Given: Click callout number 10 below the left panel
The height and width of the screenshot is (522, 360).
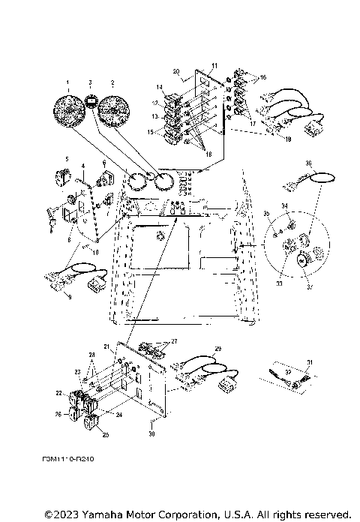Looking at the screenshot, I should pyautogui.click(x=95, y=252).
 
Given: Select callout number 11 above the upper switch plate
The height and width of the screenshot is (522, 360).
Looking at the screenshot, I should pyautogui.click(x=214, y=67).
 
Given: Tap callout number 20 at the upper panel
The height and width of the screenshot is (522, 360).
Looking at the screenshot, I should pyautogui.click(x=176, y=72).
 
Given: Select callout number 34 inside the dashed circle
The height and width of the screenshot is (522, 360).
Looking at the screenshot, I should pyautogui.click(x=284, y=205).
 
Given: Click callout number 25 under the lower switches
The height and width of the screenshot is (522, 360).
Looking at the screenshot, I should pyautogui.click(x=104, y=434).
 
